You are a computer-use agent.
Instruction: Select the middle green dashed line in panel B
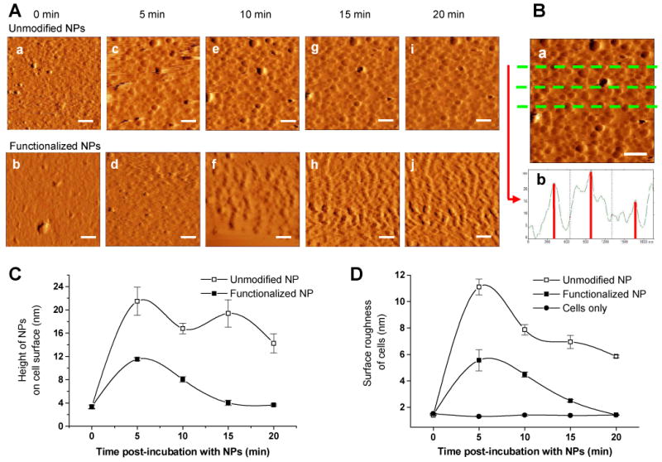point(590,87)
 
